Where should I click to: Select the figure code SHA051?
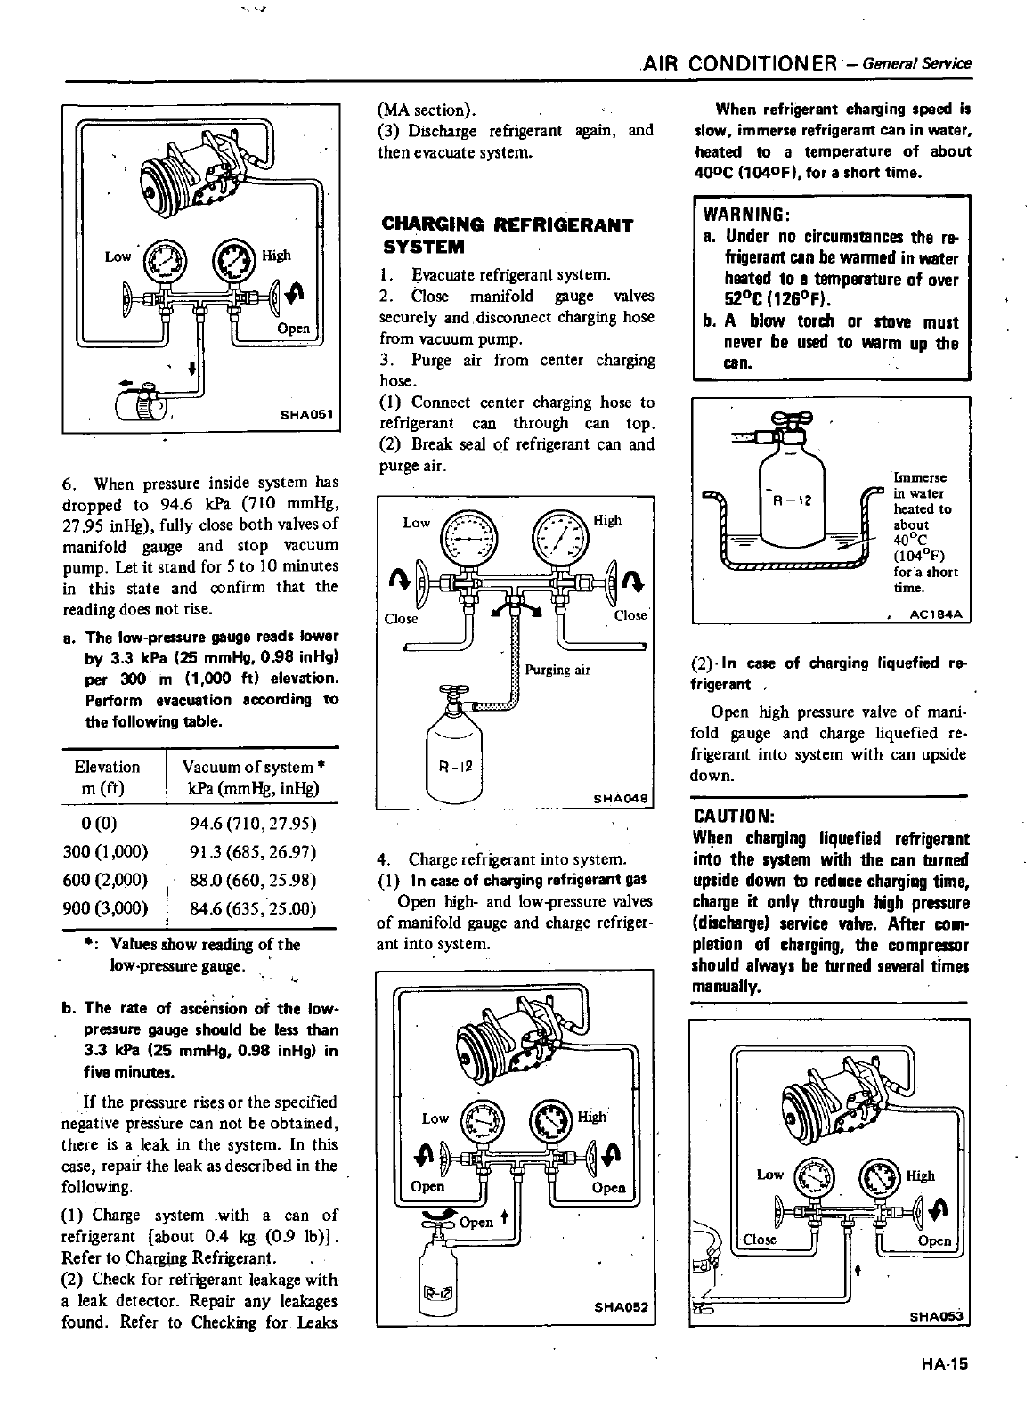click(x=306, y=413)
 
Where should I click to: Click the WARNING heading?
click(x=743, y=216)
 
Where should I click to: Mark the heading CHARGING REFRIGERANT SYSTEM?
click(x=507, y=234)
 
